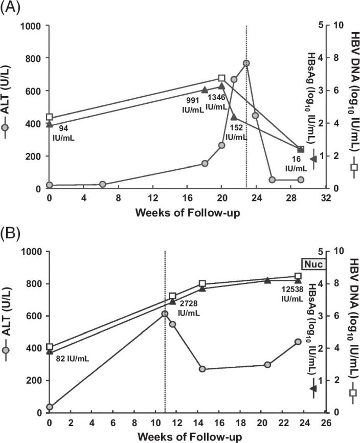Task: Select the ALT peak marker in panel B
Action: (165, 314)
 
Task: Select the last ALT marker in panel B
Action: (298, 342)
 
